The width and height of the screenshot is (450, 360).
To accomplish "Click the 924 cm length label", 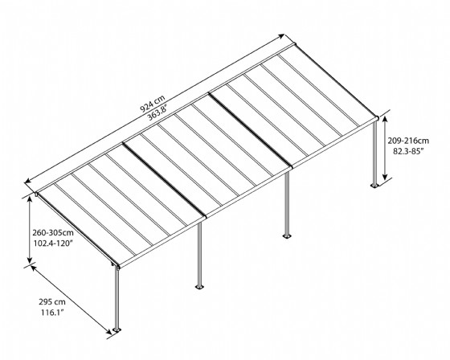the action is click(x=153, y=103).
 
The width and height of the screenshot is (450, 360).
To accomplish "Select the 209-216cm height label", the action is click(x=408, y=141).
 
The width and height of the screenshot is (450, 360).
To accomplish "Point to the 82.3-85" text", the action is click(x=408, y=151).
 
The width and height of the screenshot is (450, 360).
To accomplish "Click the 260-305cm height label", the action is click(x=53, y=232).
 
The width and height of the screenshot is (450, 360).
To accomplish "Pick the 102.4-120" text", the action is click(x=53, y=243).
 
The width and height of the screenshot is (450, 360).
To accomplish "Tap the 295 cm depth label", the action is click(x=52, y=302).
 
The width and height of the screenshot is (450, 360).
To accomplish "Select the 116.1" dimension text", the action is click(x=52, y=313).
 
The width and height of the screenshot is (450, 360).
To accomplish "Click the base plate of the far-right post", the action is click(x=374, y=186).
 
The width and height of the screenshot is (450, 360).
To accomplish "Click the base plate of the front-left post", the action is click(x=117, y=330).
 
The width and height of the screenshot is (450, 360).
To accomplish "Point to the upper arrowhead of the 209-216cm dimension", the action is click(x=385, y=119).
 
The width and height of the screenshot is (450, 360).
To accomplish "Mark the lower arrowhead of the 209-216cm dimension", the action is click(x=385, y=176).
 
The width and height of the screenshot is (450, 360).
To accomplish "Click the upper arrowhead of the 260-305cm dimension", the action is click(x=30, y=200).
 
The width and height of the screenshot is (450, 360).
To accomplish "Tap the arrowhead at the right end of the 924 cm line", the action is click(x=281, y=36).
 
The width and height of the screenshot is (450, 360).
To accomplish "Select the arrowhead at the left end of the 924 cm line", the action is click(x=28, y=181).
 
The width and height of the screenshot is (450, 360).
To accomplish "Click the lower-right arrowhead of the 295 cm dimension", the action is click(x=108, y=332).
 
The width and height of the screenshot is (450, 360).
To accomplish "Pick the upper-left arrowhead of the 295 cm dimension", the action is click(x=34, y=268).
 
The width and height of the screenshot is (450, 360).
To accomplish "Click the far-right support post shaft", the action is click(x=374, y=153).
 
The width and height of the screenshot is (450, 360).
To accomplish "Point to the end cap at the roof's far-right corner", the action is click(x=377, y=117).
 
